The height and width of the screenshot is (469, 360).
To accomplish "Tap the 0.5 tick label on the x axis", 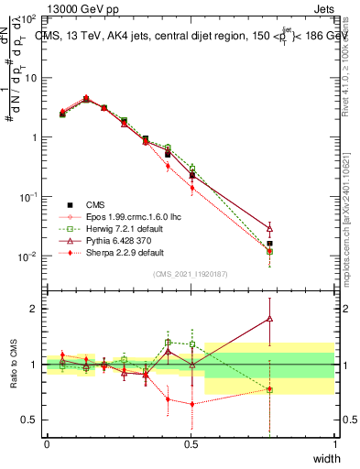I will (191, 444).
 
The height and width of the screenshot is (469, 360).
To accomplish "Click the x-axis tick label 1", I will (334, 444).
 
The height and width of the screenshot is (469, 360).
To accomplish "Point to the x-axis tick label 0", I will (47, 444).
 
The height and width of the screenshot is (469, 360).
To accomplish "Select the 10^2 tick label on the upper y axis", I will (27, 19).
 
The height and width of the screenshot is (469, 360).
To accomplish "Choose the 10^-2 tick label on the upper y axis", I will (27, 256).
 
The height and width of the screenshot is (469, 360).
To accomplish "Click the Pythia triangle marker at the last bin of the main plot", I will (268, 228).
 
